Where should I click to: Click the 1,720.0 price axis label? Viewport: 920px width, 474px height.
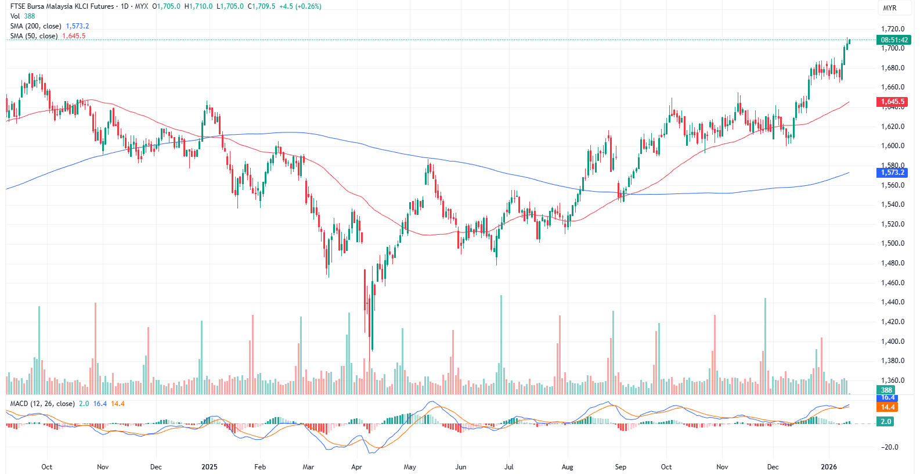tap(892, 29)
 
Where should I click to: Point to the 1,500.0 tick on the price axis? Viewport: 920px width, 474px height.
tap(892, 243)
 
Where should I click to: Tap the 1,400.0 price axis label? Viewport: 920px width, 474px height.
tap(892, 342)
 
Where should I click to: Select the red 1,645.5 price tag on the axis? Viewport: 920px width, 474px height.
tap(892, 102)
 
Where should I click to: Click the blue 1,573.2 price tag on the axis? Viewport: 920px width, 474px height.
tap(892, 173)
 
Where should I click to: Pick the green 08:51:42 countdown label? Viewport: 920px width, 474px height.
tap(894, 40)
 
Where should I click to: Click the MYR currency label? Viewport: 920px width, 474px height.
tap(889, 8)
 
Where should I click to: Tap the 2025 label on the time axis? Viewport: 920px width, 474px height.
tap(209, 467)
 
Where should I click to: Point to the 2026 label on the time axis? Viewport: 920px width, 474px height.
tap(828, 467)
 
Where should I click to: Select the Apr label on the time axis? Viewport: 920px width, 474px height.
tap(356, 467)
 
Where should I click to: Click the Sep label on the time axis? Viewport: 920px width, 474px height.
tap(620, 467)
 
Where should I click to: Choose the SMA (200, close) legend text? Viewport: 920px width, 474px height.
tap(35, 26)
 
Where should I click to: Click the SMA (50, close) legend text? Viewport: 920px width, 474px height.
tap(34, 36)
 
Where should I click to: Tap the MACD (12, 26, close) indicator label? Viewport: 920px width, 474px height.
tap(42, 404)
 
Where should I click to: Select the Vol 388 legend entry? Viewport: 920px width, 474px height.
tap(23, 16)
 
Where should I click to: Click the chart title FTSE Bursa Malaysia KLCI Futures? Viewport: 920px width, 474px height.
tap(62, 6)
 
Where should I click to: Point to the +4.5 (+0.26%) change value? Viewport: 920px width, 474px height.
tap(300, 6)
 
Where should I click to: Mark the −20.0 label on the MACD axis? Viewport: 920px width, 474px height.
tap(889, 447)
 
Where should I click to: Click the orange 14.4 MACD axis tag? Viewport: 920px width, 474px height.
tap(887, 407)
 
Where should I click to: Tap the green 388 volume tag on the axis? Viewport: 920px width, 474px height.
tap(886, 390)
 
